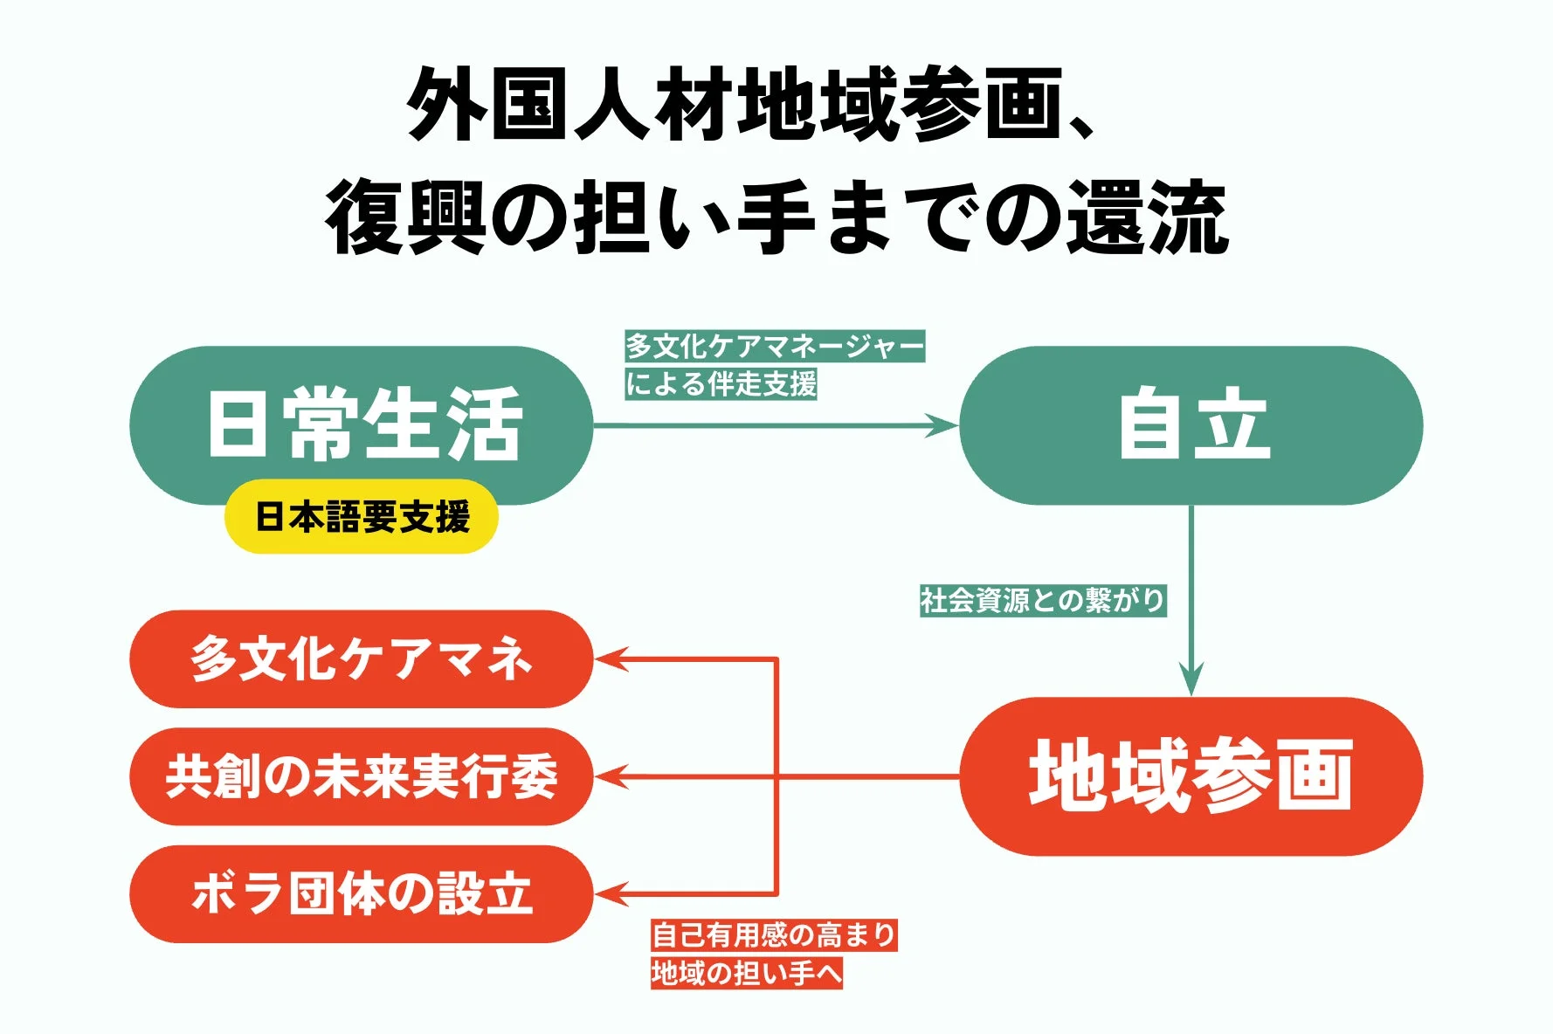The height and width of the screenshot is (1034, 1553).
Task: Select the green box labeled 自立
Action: [x=1191, y=425]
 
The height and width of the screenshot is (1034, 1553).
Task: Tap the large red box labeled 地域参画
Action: [x=1191, y=775]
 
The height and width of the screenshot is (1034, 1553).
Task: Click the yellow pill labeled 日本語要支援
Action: [x=362, y=517]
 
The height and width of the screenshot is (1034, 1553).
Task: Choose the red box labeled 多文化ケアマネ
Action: [x=361, y=659]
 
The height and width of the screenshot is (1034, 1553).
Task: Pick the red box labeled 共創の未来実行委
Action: [x=361, y=776]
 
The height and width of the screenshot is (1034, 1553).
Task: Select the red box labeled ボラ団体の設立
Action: [x=361, y=893]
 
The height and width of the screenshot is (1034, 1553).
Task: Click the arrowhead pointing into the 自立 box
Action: [x=944, y=425]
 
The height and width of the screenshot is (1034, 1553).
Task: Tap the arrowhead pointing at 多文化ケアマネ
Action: [x=611, y=659]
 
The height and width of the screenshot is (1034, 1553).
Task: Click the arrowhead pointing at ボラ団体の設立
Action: [x=611, y=893]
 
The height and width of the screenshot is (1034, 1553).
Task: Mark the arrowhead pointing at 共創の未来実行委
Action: [x=611, y=775]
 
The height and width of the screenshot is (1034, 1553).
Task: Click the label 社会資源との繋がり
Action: [x=1043, y=601]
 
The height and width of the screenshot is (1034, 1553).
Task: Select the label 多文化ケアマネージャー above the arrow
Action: [x=775, y=347]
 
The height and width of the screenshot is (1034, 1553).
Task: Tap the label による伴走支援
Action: [x=721, y=383]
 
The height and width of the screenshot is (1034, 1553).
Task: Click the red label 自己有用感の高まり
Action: [x=774, y=935]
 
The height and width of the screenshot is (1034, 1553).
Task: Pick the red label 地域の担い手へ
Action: [x=746, y=973]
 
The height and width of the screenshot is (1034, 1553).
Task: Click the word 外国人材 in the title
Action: [x=571, y=105]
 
